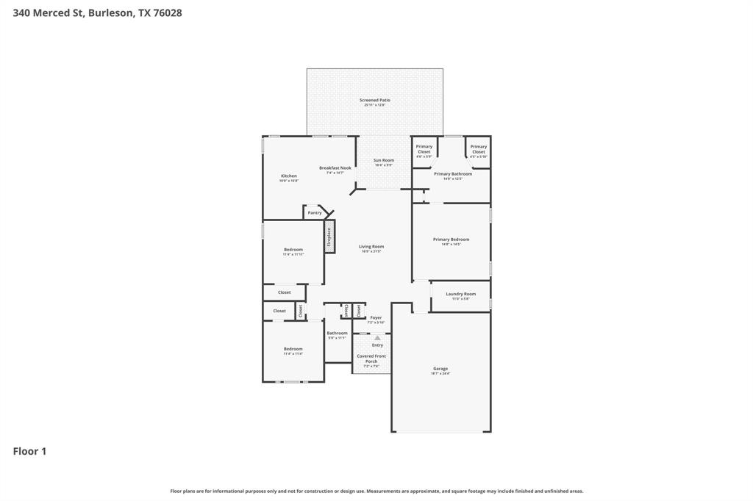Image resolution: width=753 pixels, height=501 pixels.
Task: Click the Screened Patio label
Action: (x=374, y=101)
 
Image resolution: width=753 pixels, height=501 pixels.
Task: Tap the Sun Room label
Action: (x=383, y=161)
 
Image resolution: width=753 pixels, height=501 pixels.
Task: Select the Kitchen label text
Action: (x=289, y=176)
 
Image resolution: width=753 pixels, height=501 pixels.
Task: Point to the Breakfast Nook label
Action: (x=335, y=168)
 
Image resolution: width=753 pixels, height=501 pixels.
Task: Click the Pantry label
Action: (x=315, y=213)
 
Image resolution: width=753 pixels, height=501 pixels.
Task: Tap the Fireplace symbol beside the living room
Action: (x=329, y=237)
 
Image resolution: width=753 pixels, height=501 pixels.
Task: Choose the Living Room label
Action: (x=371, y=247)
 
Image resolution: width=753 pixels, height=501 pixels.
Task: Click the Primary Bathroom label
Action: (x=452, y=174)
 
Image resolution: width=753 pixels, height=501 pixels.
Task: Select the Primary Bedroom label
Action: (x=451, y=239)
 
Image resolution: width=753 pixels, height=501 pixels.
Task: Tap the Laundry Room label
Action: (x=460, y=294)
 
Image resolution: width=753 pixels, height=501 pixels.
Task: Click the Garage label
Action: (x=440, y=369)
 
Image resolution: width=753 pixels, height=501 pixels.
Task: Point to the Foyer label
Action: (x=376, y=318)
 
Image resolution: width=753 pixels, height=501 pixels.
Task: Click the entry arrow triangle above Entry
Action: (x=377, y=338)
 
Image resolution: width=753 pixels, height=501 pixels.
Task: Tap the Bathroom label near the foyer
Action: (x=337, y=334)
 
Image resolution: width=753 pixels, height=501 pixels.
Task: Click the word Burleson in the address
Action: (x=110, y=12)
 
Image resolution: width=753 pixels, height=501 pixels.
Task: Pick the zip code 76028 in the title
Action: (x=167, y=12)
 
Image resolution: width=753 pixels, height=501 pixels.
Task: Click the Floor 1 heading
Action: (x=29, y=451)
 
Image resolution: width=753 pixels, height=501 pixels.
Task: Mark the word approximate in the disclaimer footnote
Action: (x=427, y=491)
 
